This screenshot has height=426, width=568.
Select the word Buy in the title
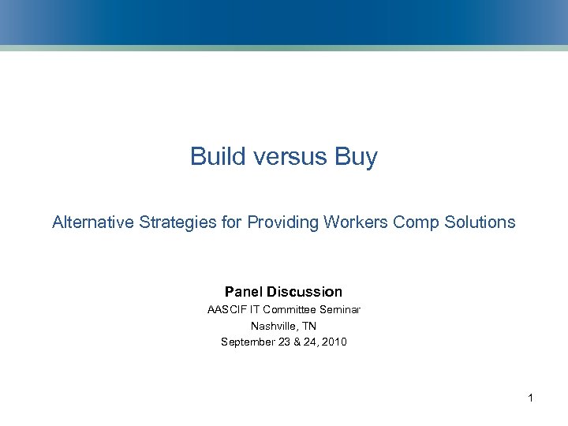356,156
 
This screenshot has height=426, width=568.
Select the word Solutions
480,222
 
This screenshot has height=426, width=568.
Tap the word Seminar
339,309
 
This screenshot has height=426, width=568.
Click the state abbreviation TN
308,326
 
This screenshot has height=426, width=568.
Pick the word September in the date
248,342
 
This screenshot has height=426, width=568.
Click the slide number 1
531,398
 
